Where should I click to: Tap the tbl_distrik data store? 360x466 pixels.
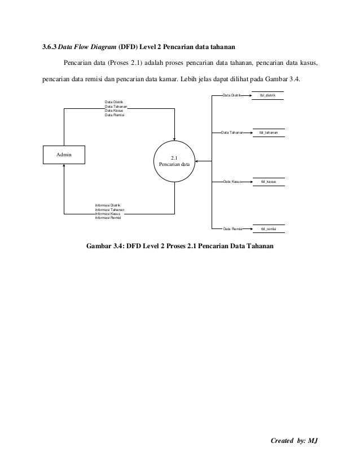267,96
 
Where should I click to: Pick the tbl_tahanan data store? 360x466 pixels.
269,133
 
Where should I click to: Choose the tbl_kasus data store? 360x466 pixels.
268,182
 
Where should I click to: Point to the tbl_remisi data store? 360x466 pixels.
268,229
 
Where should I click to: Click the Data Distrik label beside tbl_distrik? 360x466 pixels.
232,96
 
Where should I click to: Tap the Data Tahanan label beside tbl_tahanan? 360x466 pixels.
232,133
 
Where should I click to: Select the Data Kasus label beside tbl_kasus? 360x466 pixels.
232,182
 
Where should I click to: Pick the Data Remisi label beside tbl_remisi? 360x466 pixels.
232,229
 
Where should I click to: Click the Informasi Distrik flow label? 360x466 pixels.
108,205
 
